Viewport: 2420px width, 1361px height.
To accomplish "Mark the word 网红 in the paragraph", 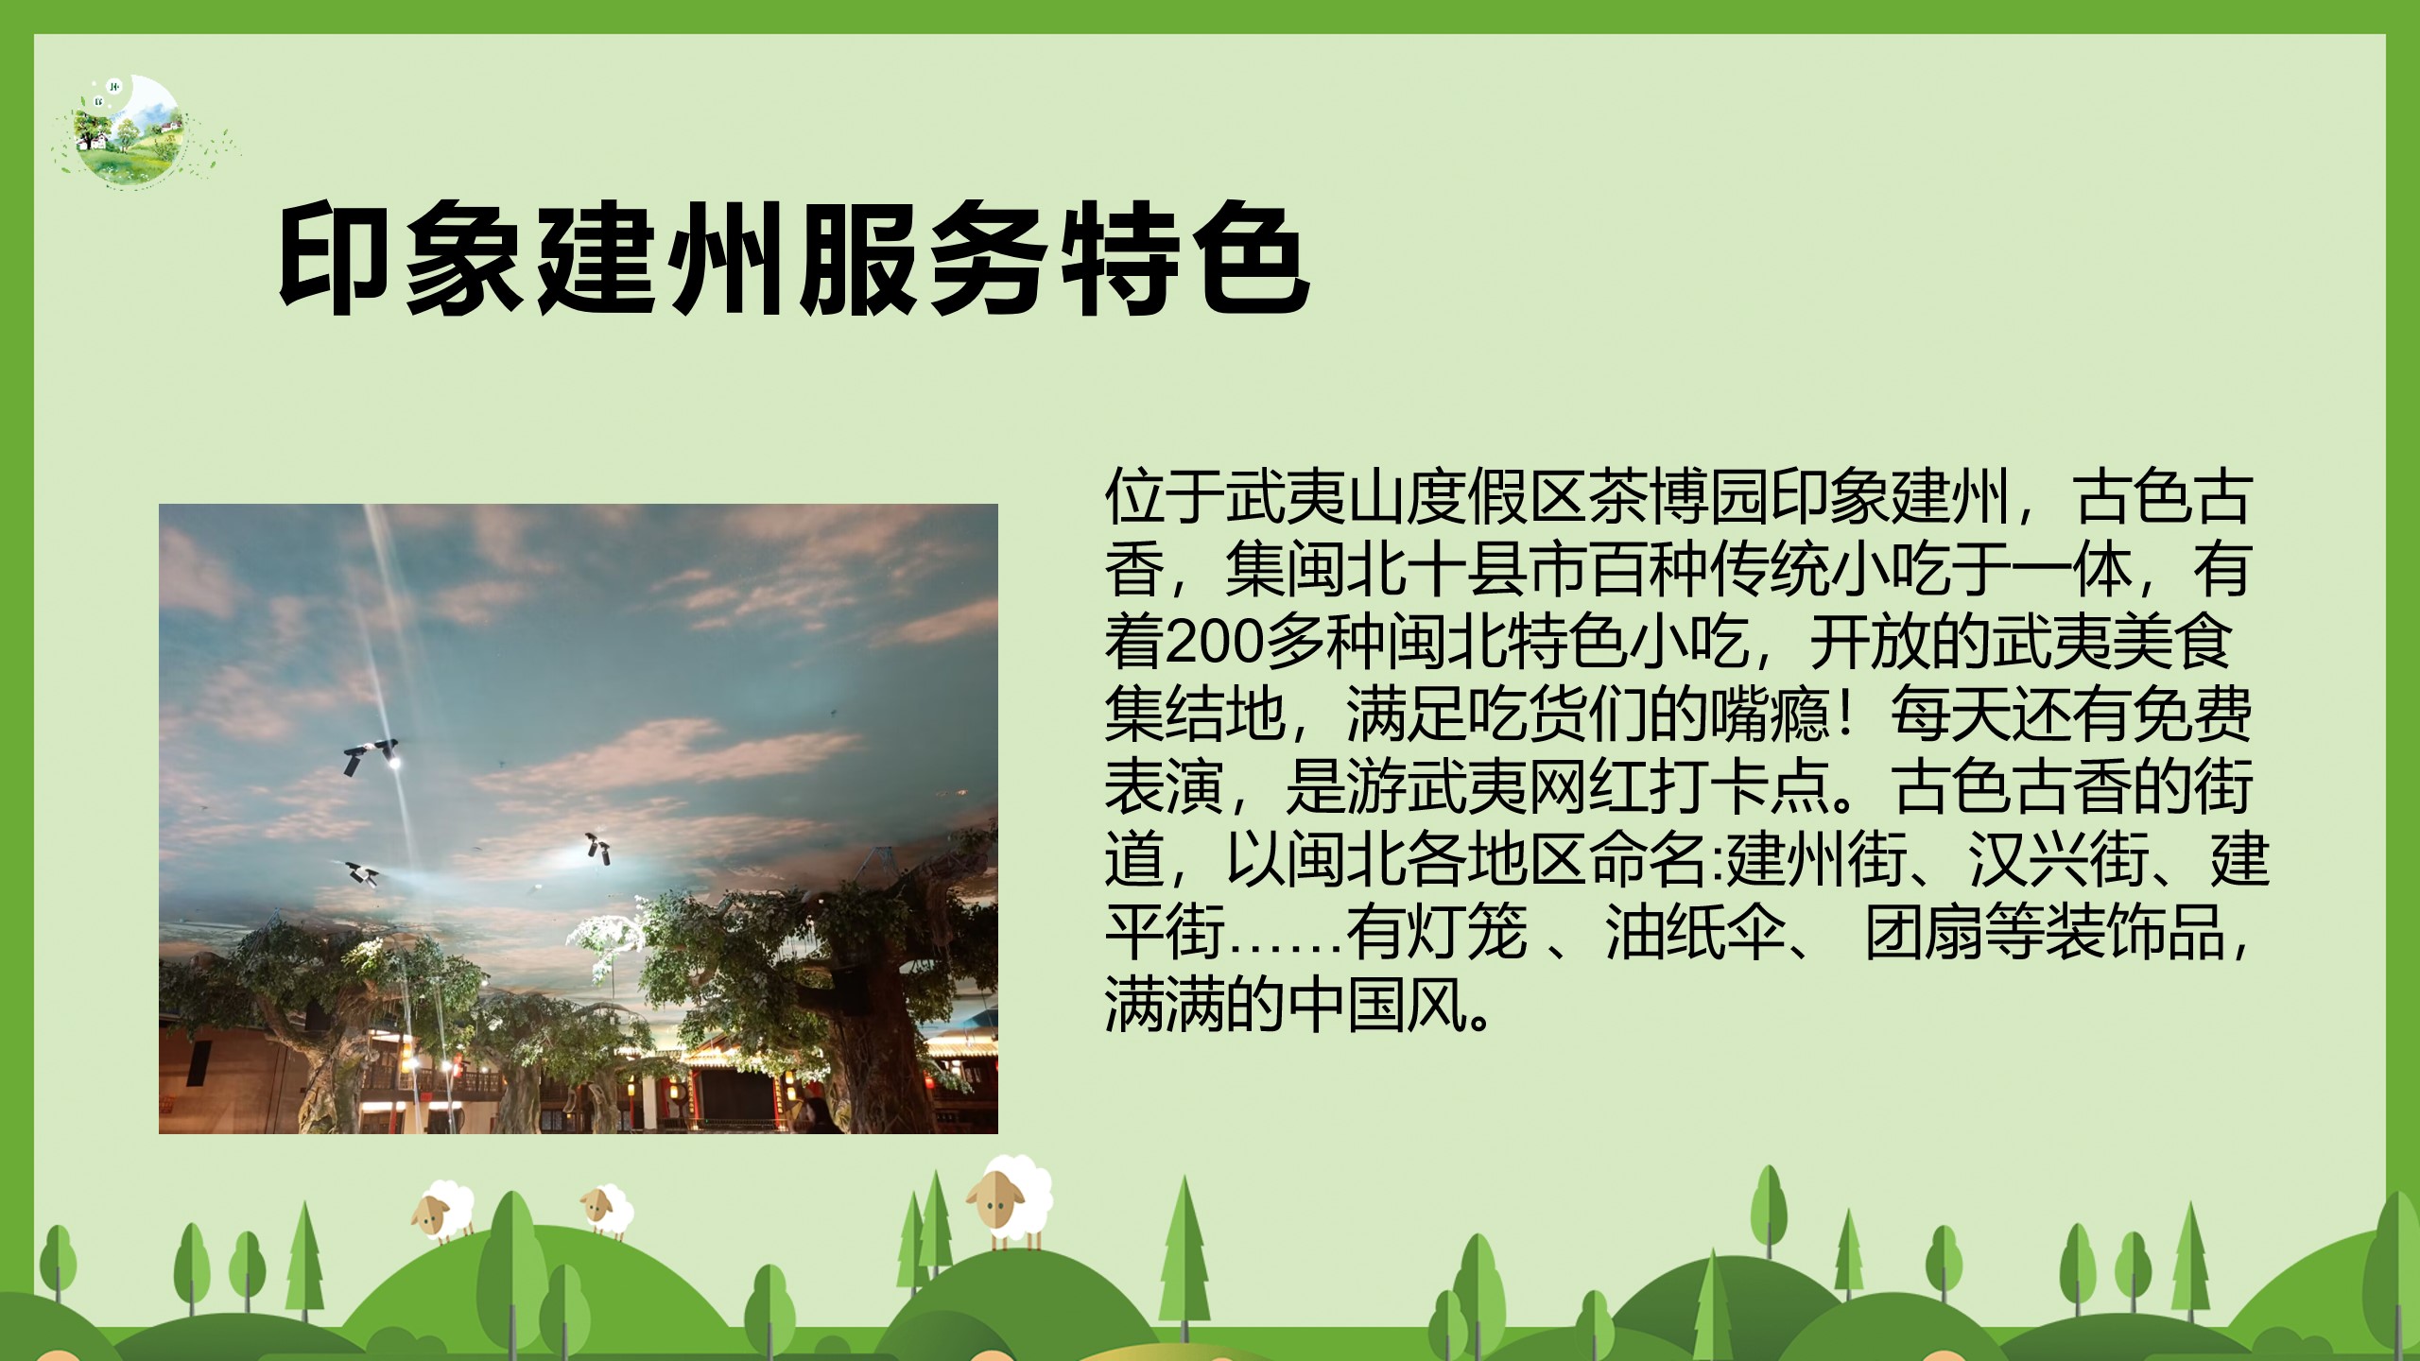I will click(1588, 787).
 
